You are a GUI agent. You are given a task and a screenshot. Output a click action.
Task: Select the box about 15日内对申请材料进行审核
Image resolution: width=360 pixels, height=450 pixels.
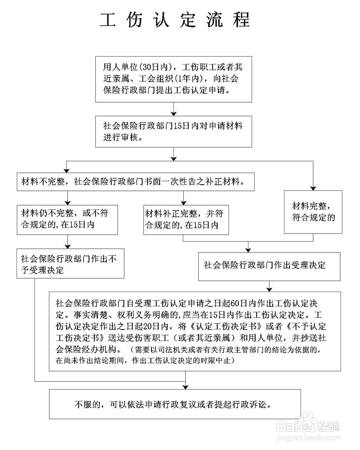pos(173,131)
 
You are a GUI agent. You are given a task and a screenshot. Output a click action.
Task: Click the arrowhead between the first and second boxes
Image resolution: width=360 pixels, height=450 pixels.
pos(174,113)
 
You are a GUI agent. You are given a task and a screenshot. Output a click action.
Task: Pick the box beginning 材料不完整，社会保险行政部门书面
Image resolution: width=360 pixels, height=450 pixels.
pos(135,182)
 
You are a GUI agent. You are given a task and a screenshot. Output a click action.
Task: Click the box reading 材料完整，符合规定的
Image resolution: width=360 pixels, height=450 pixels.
pos(313,212)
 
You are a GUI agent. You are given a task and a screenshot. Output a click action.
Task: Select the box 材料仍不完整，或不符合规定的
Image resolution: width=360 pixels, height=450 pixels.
pos(67,219)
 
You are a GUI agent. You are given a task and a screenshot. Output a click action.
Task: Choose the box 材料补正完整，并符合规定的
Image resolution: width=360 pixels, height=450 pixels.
pos(186,220)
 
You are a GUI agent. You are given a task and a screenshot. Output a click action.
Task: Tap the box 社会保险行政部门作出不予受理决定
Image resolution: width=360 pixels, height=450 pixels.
pos(70,264)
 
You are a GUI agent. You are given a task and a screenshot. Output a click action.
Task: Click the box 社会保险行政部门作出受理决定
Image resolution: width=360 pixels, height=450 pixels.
pos(269,266)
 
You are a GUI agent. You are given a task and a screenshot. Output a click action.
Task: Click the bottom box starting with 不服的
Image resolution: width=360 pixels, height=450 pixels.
pos(175,404)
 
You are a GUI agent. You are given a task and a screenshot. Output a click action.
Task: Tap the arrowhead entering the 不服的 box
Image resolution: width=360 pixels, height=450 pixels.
pos(185,387)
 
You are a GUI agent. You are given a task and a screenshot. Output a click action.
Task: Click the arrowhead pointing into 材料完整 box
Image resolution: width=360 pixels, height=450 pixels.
pos(313,188)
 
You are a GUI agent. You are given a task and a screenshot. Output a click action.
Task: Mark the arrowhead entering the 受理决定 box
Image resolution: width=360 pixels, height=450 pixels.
pos(248,249)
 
